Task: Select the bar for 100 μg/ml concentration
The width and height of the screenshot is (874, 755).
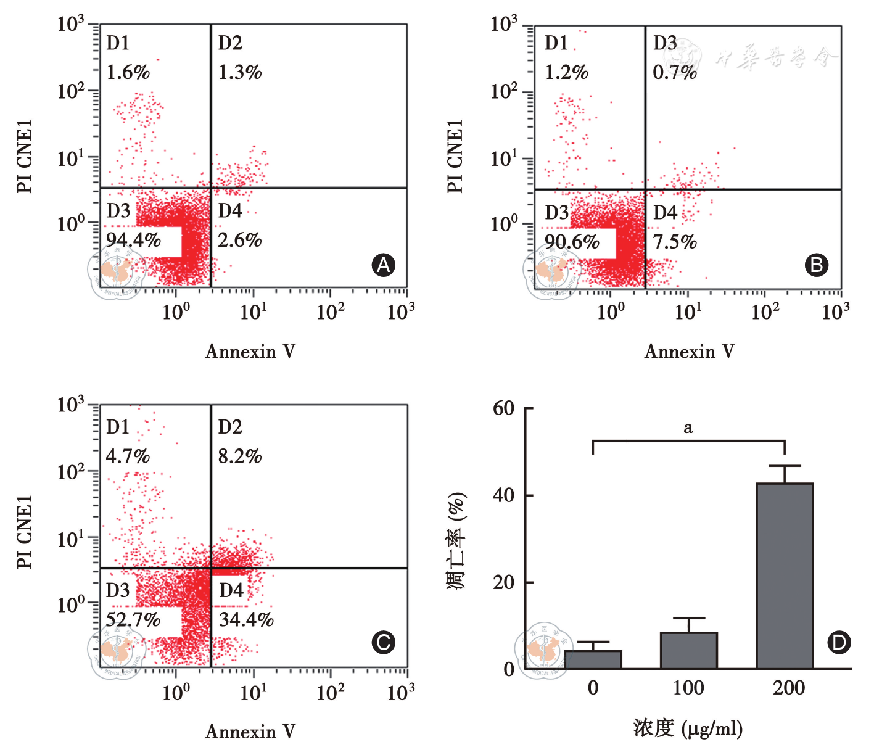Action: coord(688,650)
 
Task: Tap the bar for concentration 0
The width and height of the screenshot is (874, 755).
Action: coord(593,659)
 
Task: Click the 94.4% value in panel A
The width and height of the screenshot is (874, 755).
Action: coord(133,239)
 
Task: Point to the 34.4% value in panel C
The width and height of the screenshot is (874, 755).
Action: coord(246,619)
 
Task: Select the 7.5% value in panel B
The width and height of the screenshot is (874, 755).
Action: coord(675,241)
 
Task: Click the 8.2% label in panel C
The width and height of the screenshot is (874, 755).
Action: coord(240,456)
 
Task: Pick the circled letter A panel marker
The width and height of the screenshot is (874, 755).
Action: coord(384,265)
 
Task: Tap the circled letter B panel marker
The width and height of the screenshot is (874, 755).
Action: coord(817,265)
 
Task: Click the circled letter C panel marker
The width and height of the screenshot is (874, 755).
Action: coord(384,643)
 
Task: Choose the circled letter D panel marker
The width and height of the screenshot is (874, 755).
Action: coord(839,643)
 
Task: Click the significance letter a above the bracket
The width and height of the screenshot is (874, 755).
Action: coord(688,427)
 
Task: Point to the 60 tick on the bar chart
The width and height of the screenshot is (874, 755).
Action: coord(503,408)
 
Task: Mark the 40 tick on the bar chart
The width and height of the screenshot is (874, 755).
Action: coord(503,495)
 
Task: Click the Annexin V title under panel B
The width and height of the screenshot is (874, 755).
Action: coord(689,351)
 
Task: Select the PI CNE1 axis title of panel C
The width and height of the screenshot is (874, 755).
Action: coord(25,532)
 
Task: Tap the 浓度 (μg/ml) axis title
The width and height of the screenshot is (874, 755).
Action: coord(688,728)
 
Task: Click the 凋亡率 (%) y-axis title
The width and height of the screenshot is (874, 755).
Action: coord(456,541)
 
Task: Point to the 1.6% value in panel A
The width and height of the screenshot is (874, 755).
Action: coord(128,72)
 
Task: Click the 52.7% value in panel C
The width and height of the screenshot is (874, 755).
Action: coord(133,619)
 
